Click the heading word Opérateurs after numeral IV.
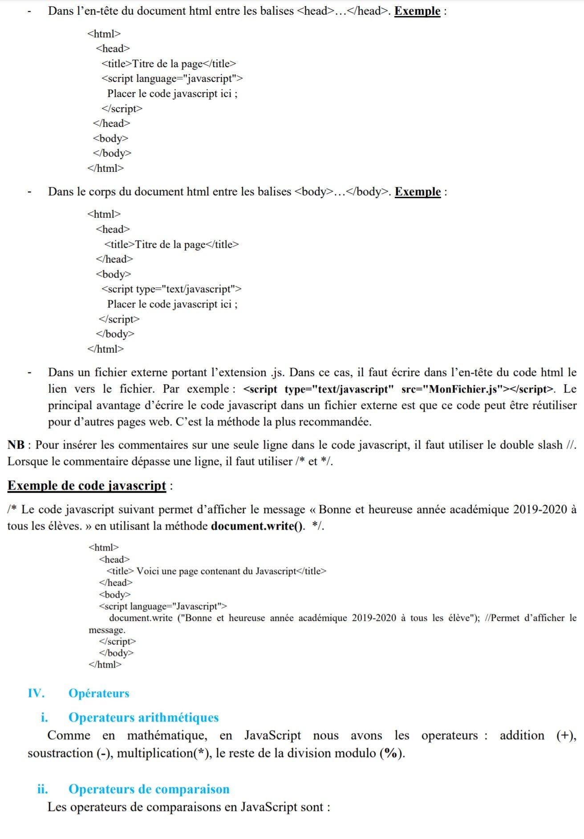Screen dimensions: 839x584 99,693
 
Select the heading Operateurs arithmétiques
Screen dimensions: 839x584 143,717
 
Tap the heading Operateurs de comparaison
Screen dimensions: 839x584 149,789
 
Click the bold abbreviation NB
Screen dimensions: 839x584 16,445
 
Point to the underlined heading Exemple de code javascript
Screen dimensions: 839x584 87,485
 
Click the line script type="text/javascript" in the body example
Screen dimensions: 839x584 171,289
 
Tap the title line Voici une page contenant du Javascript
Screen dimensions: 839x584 216,571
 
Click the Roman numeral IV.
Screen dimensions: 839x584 36,693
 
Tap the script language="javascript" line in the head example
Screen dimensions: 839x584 172,78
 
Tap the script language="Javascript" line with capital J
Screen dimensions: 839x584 163,606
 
